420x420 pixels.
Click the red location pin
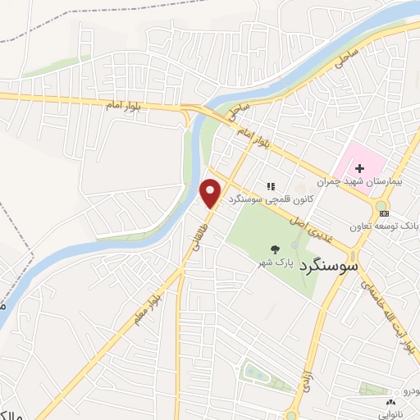click(211, 193)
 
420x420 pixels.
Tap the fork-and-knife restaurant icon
click(271, 186)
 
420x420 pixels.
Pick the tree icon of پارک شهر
click(274, 249)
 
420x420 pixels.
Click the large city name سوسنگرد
click(329, 267)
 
